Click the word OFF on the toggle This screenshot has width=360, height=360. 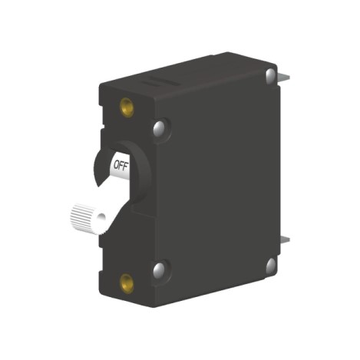[121, 166]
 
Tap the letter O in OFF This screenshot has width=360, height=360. [117, 164]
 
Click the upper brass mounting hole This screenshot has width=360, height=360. [127, 107]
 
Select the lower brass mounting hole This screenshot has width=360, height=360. [127, 283]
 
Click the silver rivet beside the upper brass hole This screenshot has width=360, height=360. [159, 127]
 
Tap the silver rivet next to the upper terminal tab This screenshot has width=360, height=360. [270, 76]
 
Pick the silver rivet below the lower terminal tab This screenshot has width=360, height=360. [271, 266]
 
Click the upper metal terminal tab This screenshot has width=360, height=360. [284, 76]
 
